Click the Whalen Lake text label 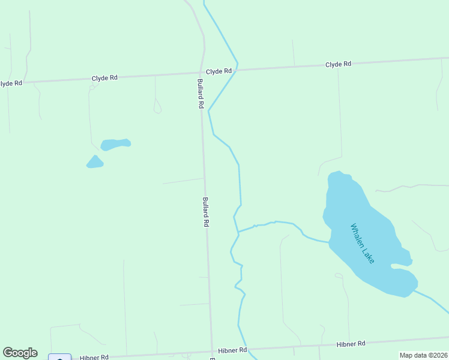(x=363, y=243)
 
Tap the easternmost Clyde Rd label (x=338, y=64)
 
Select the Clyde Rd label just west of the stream (x=218, y=71)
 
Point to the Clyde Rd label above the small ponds (x=104, y=78)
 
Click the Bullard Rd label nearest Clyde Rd (x=200, y=93)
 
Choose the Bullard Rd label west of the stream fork (x=205, y=212)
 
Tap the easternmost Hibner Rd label (x=351, y=344)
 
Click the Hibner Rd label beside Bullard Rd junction (x=232, y=350)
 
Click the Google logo (x=20, y=353)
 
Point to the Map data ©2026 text (x=423, y=355)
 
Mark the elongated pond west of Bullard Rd (x=115, y=145)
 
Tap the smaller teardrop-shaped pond (x=95, y=162)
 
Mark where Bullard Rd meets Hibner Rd (x=212, y=352)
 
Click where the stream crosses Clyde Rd (x=237, y=70)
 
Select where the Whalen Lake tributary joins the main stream (x=238, y=231)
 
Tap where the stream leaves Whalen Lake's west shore (x=328, y=242)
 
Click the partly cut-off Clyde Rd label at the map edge (x=11, y=83)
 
